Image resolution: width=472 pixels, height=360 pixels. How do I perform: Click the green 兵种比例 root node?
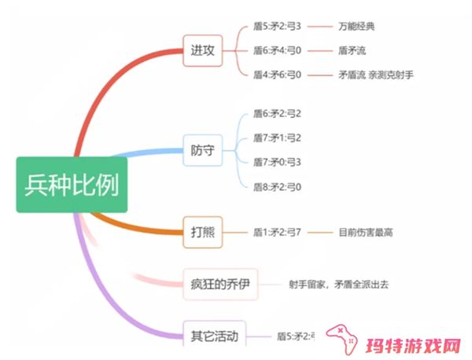pyautogui.click(x=72, y=185)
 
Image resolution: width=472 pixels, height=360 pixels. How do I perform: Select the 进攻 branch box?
pyautogui.click(x=202, y=50)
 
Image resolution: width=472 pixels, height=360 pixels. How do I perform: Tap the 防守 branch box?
pyautogui.click(x=202, y=150)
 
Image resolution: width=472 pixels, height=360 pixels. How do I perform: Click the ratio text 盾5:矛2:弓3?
pyautogui.click(x=277, y=26)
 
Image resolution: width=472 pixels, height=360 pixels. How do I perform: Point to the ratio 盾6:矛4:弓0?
pyautogui.click(x=277, y=50)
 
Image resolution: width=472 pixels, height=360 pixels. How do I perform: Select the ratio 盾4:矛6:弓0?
pyautogui.click(x=277, y=75)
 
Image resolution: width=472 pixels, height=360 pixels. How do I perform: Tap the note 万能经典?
pyautogui.click(x=356, y=26)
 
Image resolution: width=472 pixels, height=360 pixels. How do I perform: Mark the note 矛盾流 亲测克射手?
pyautogui.click(x=374, y=75)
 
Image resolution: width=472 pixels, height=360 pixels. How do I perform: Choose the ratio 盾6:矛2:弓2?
pyautogui.click(x=277, y=113)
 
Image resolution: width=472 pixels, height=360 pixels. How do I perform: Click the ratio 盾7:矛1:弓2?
pyautogui.click(x=277, y=138)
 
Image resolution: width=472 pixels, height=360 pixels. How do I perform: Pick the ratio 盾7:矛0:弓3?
pyautogui.click(x=277, y=162)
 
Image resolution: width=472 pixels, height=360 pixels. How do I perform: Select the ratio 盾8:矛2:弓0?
pyautogui.click(x=277, y=186)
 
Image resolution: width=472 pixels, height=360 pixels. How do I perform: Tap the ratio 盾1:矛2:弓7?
pyautogui.click(x=277, y=232)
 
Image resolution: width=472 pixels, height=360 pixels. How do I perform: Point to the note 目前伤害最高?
pyautogui.click(x=365, y=232)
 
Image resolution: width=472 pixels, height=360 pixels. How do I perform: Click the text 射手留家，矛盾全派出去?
pyautogui.click(x=337, y=284)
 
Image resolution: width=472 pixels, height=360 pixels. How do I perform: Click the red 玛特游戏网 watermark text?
pyautogui.click(x=412, y=345)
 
